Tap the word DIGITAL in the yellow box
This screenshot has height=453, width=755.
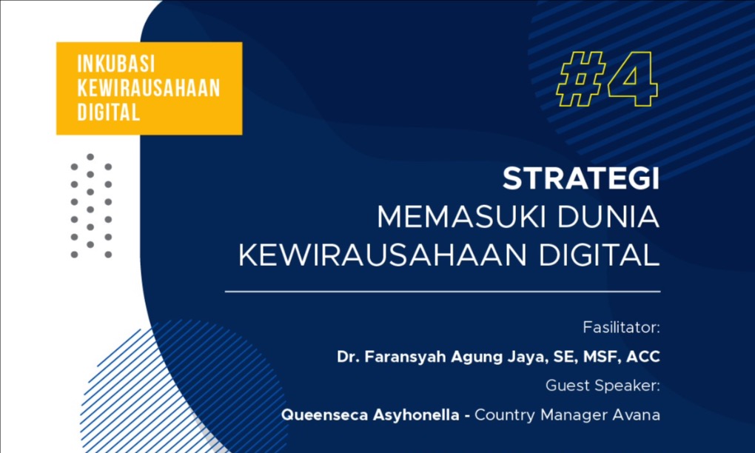pyautogui.click(x=108, y=113)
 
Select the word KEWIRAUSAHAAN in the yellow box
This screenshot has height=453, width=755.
pyautogui.click(x=149, y=88)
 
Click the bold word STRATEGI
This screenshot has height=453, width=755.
pyautogui.click(x=581, y=180)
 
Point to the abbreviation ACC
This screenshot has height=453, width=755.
pyautogui.click(x=642, y=357)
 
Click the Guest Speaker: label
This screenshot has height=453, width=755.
pyautogui.click(x=603, y=386)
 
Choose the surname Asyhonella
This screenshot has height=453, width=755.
pyautogui.click(x=410, y=415)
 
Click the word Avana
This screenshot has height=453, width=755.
pyautogui.click(x=637, y=415)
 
